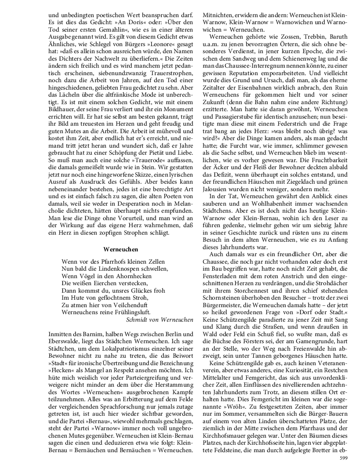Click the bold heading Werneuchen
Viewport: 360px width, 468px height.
121,249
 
